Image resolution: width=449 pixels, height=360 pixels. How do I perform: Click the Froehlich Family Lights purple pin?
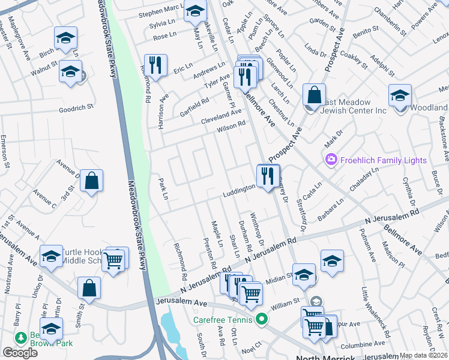tap(330, 160)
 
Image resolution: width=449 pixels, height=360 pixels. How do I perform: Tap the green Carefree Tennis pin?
tap(261, 319)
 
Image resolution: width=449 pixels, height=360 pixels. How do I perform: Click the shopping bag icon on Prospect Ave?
tap(314, 95)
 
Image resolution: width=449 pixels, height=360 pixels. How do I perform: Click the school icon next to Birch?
tap(65, 38)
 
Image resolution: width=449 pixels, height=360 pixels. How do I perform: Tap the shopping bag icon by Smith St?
tap(89, 288)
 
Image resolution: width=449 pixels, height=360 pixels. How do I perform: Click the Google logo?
tap(20, 353)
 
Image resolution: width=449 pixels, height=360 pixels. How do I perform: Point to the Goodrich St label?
tap(76, 109)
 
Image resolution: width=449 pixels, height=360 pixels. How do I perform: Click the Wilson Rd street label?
tap(232, 125)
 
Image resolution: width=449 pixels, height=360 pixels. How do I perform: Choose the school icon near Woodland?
tap(400, 95)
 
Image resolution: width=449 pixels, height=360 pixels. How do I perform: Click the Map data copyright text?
tap(423, 355)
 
